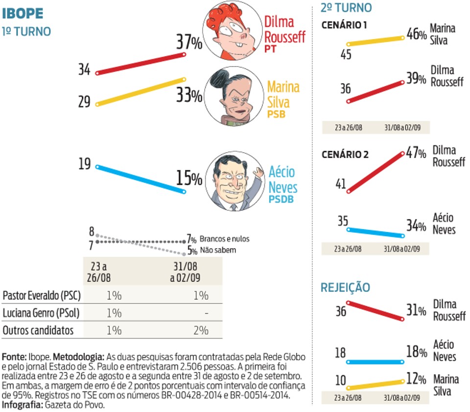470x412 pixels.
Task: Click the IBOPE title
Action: coord(23,14)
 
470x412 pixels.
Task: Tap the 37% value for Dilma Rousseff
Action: coord(189,42)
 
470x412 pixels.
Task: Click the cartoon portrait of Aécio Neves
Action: coord(234,181)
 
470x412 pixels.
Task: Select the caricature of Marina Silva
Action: coord(234,96)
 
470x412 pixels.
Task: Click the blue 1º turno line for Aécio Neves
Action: coord(141,179)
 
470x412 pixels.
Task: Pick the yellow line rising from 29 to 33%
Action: coord(141,92)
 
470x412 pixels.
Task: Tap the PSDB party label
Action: coord(281,199)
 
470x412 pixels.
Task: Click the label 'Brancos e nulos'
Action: coord(225,239)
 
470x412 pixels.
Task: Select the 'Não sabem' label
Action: coord(218,250)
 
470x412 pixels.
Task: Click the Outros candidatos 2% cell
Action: coord(201,330)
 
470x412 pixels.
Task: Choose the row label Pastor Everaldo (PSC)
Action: coord(42,296)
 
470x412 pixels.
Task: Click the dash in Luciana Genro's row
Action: coord(207,314)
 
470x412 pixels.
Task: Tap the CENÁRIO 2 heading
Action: coord(345,155)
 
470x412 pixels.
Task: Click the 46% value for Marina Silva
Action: coord(417,34)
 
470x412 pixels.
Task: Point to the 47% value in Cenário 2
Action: coord(416,153)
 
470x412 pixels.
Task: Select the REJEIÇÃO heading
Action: coord(345,287)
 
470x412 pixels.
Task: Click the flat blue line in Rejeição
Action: coord(375,362)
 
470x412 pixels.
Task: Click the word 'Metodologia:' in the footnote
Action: coord(78,357)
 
